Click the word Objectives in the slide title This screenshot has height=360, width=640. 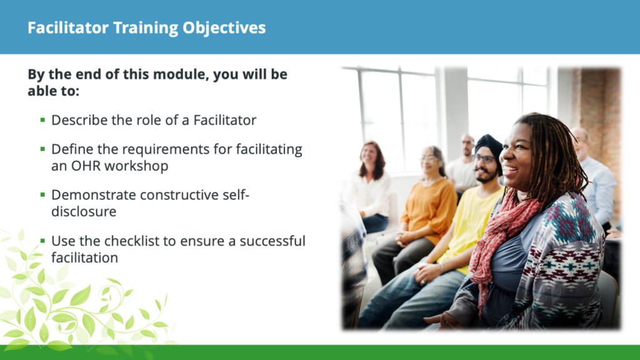click(x=224, y=28)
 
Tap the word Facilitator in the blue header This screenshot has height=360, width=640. click(x=68, y=27)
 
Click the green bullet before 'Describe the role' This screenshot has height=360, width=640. click(x=42, y=119)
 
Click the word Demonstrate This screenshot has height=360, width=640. click(x=94, y=195)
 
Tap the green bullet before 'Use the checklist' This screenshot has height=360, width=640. click(x=42, y=241)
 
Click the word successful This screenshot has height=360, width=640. click(x=272, y=241)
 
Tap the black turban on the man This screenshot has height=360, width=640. click(x=490, y=149)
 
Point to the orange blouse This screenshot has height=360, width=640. click(x=429, y=208)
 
